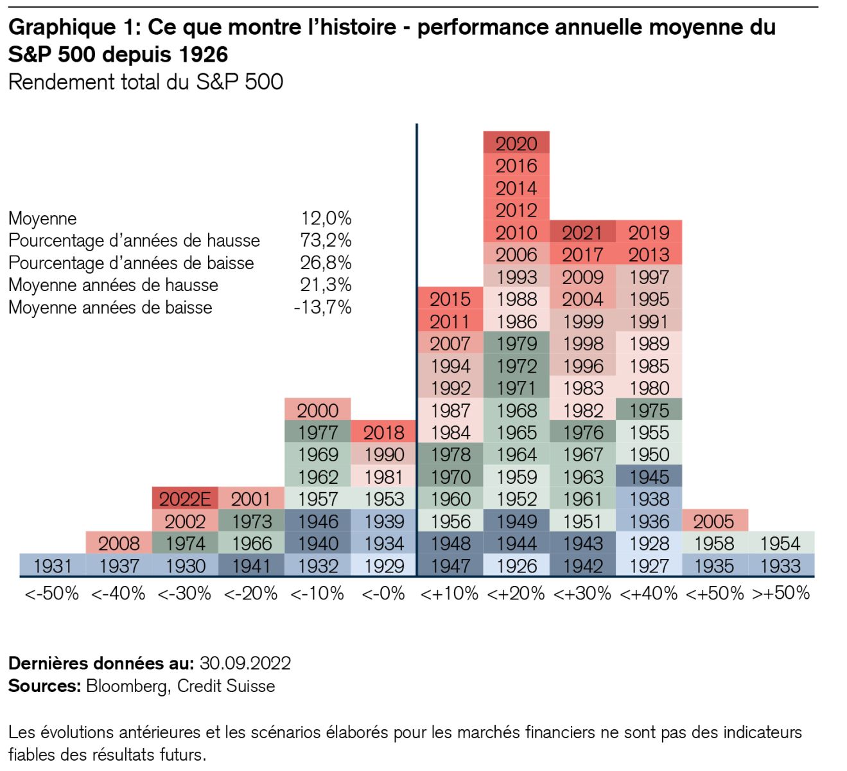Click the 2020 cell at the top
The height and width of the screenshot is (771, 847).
516,143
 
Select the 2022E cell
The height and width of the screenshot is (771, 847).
185,499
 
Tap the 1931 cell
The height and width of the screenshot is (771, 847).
53,566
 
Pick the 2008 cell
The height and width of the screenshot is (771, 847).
119,544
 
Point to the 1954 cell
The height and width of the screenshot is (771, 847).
780,544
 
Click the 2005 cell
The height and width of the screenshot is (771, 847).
713,521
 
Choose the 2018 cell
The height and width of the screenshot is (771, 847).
384,432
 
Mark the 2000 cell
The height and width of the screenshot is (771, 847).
318,410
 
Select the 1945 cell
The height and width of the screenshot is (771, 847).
649,477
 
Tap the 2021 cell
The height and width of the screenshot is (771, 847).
582,233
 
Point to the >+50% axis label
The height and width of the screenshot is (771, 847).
780,593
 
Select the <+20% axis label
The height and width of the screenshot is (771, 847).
516,593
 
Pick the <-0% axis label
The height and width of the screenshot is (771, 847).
383,593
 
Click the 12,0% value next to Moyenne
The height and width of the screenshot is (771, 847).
326,218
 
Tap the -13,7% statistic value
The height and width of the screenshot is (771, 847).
322,307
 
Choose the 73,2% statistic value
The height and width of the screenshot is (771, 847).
326,240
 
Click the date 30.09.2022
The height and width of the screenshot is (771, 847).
245,663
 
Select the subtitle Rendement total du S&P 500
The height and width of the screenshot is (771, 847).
146,82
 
